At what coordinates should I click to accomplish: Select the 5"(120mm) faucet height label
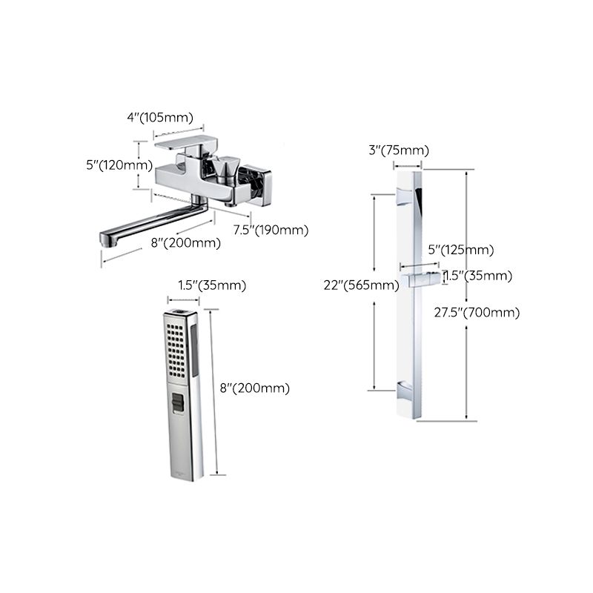(x=119, y=165)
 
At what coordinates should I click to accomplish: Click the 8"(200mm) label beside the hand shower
(x=255, y=388)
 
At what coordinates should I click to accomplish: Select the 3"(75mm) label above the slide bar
(x=399, y=150)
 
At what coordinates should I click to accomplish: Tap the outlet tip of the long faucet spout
(x=106, y=239)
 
